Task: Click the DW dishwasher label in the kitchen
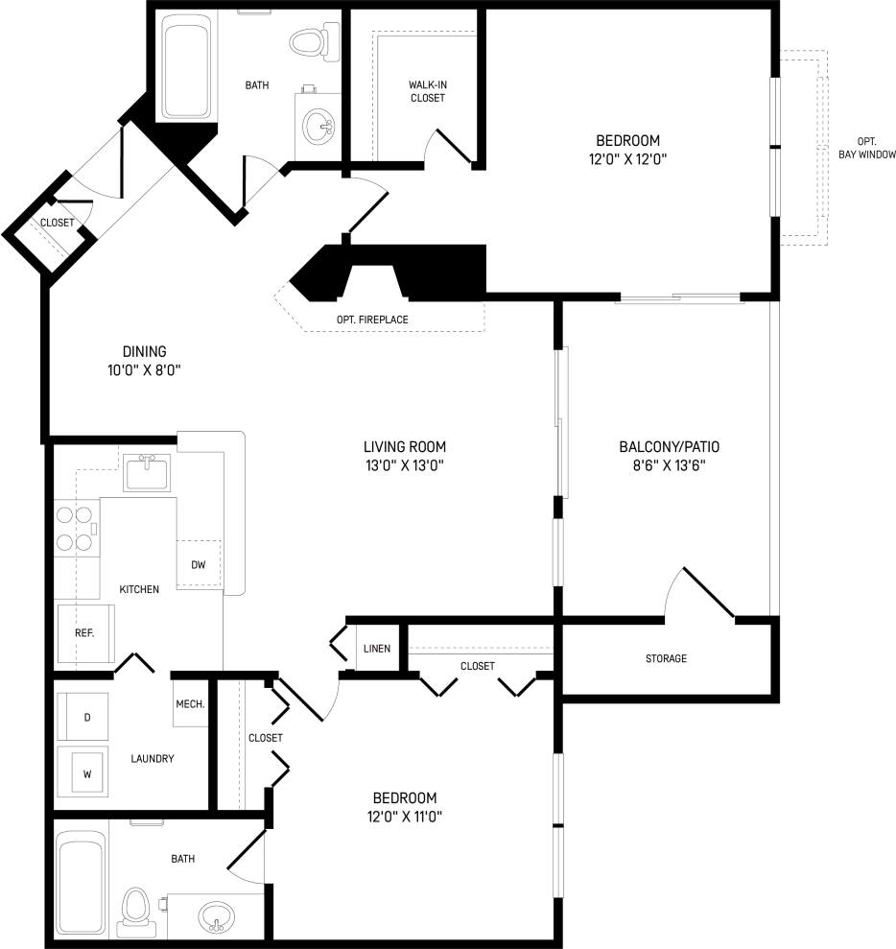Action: (199, 564)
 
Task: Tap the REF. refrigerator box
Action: (83, 634)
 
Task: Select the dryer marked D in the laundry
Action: (86, 717)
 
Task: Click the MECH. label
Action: (190, 704)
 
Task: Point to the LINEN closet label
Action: (376, 649)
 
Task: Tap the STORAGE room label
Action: (666, 658)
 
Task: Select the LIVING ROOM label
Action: (404, 446)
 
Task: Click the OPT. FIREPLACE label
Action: (373, 320)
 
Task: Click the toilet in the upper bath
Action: (311, 42)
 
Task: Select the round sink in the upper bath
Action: (318, 125)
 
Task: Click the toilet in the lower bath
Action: (136, 911)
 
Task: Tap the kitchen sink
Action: (146, 472)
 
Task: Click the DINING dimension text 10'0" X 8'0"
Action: (145, 370)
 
